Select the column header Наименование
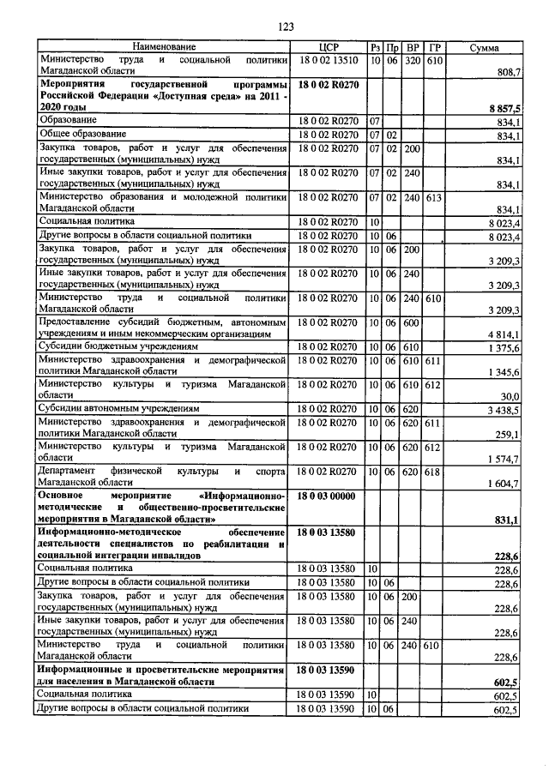coord(164,47)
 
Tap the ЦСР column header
coord(330,47)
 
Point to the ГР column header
coord(435,47)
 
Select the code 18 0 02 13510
coord(329,61)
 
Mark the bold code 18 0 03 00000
coord(329,497)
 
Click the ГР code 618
coord(435,472)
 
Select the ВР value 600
coord(413,322)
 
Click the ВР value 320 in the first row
coord(413,61)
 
